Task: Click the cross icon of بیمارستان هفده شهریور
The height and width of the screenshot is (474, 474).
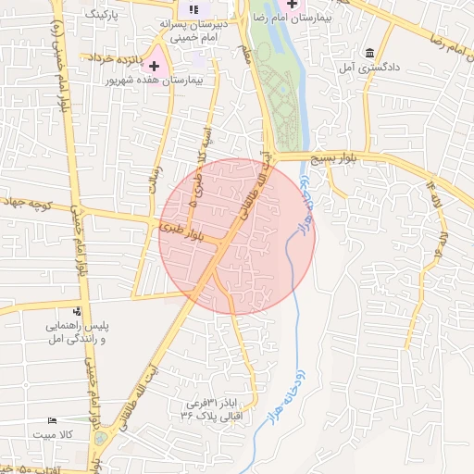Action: pyautogui.click(x=154, y=67)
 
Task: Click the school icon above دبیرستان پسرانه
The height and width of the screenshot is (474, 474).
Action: pyautogui.click(x=193, y=10)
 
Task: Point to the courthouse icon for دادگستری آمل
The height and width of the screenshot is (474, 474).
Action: pyautogui.click(x=370, y=52)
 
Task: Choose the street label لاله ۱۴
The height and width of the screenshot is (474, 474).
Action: pyautogui.click(x=435, y=197)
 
